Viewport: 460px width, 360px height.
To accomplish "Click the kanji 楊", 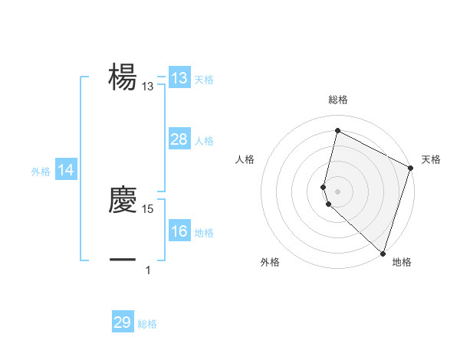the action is [123, 77].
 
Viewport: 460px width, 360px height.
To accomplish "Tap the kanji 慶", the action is [123, 200].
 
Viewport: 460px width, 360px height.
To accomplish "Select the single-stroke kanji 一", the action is [123, 260].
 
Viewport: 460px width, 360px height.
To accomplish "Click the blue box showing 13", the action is [179, 78].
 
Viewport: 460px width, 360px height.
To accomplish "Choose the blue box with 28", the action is [179, 139].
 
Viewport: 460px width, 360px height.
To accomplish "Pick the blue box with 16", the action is [179, 231].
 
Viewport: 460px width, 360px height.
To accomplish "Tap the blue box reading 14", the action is [66, 171].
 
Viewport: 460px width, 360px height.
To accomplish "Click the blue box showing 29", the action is [123, 322].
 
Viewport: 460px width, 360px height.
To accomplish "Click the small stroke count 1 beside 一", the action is [148, 270].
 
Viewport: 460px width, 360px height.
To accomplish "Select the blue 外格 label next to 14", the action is [41, 172].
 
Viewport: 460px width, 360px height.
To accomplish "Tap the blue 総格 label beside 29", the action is [147, 324].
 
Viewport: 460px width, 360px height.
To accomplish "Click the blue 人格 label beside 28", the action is [204, 140].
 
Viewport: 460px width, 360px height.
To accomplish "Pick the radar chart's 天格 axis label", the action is [431, 159].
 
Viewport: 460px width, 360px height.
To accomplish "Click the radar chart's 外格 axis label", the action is [270, 262].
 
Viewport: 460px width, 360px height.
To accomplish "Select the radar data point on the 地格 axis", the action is [383, 253].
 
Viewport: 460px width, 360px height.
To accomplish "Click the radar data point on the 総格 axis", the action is [337, 130].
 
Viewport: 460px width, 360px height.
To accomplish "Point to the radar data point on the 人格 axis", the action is [324, 187].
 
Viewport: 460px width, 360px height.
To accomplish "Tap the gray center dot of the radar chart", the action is [337, 191].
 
